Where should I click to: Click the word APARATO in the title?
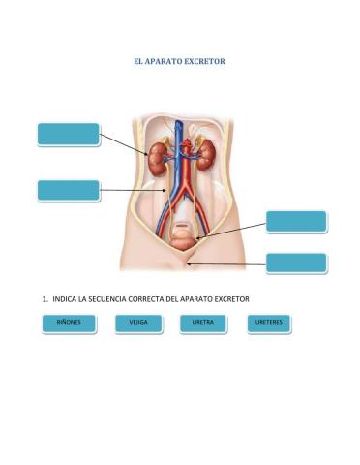pyautogui.click(x=168, y=61)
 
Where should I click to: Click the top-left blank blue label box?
pyautogui.click(x=69, y=134)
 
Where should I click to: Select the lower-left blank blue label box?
pyautogui.click(x=69, y=190)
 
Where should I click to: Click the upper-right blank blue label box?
pyautogui.click(x=296, y=221)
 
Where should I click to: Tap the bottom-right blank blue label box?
pyautogui.click(x=296, y=263)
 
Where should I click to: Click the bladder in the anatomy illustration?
pyautogui.click(x=182, y=233)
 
